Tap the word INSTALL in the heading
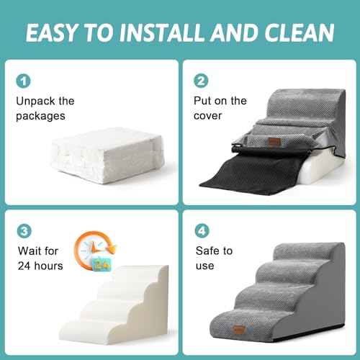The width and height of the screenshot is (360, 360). click(161, 32)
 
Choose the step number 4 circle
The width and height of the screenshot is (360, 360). click(202, 230)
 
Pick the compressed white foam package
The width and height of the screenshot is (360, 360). click(107, 154)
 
